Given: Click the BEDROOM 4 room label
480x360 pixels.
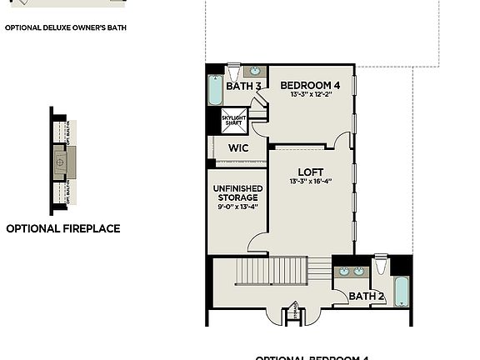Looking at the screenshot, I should coord(310,85).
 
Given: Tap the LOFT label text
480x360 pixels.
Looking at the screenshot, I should coord(311,172).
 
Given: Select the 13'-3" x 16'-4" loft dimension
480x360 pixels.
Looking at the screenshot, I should coord(311,182).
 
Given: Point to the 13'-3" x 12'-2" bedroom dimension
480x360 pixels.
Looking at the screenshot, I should coord(310,95).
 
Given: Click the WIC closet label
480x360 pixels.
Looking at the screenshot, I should coord(238,148).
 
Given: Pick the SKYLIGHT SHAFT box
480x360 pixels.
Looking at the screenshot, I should coord(234,119).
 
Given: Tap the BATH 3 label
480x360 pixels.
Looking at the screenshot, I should coord(244,86).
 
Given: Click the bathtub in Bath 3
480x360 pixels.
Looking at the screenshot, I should coord(215,91).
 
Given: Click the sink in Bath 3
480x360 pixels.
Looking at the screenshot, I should coord(257,71).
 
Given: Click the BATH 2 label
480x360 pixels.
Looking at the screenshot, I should coord(366,296).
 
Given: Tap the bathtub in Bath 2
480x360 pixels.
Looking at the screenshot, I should coord(402,292).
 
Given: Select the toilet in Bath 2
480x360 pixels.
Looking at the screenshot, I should coord(382,265).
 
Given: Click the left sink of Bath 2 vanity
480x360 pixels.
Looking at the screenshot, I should coord(343,272).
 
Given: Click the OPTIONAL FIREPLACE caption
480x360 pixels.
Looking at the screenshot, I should coord(63,228).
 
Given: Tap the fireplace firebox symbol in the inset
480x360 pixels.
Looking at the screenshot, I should coord(61,162).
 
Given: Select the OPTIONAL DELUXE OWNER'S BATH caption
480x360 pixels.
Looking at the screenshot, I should coord(66,27).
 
